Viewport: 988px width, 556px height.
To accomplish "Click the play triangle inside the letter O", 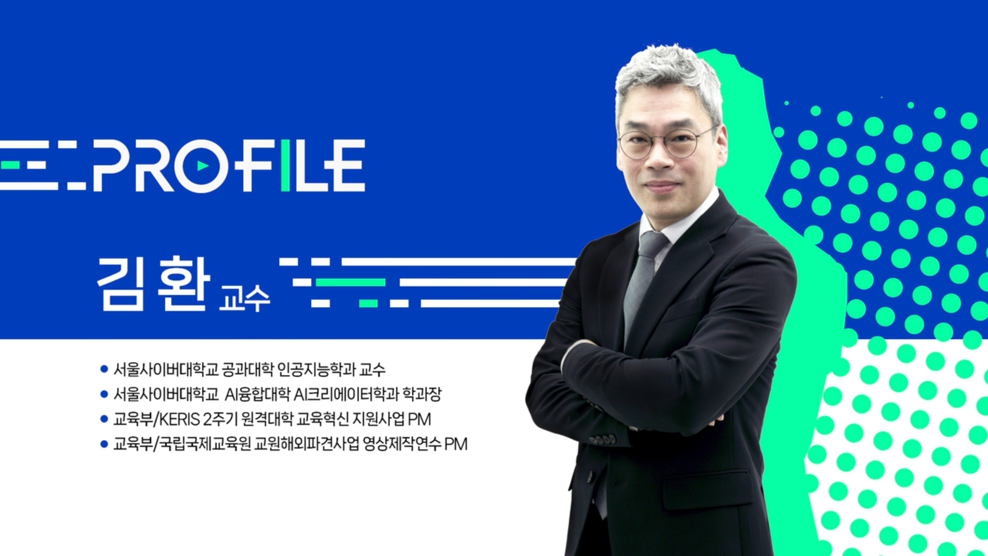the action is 203,166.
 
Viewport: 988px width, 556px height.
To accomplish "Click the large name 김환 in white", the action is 153,284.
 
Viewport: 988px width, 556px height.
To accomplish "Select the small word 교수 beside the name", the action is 244,298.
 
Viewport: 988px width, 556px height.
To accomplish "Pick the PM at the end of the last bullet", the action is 456,444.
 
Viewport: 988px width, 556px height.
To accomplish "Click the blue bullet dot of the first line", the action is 104,369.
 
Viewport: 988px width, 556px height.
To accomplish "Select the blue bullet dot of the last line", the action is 104,444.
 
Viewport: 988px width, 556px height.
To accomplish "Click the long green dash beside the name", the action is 350,282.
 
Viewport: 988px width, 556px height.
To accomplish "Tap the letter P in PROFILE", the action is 110,165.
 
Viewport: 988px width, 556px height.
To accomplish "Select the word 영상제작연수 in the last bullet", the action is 402,444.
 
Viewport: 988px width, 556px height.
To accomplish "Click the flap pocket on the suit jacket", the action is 708,489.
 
